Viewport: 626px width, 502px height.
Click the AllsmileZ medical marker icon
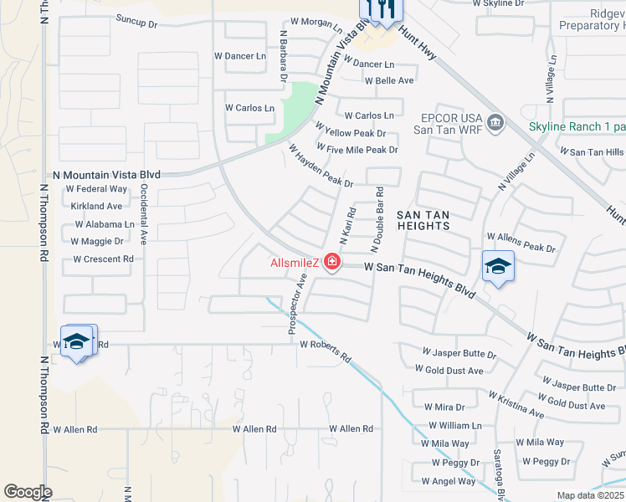tap(332, 263)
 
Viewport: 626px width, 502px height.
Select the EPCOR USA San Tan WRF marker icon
tap(495, 124)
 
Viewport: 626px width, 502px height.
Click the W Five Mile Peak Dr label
tap(357, 150)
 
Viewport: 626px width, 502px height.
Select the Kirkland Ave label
tap(97, 206)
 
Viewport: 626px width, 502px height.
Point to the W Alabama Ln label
tap(105, 224)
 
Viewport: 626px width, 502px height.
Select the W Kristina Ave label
tap(516, 404)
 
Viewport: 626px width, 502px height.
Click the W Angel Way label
tap(449, 481)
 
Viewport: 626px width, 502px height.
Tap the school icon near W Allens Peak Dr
tap(498, 267)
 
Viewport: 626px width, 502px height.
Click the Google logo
tap(28, 492)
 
